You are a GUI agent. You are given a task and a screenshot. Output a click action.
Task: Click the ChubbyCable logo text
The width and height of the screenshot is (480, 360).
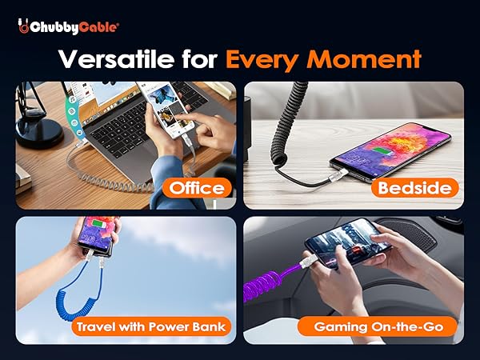tap(74, 26)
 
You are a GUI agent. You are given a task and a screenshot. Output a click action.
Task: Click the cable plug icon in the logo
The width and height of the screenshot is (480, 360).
tap(24, 27)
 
